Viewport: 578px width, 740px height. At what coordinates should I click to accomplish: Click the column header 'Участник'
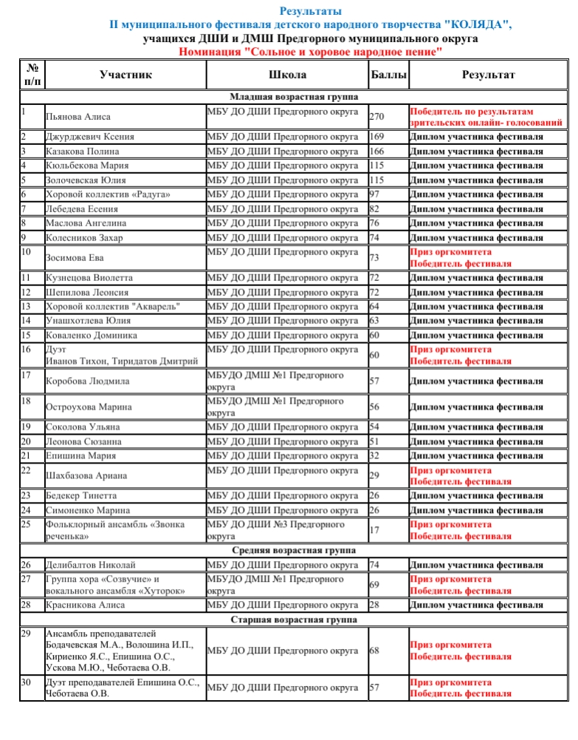(x=125, y=75)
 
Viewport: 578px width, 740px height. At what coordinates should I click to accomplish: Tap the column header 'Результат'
(x=488, y=75)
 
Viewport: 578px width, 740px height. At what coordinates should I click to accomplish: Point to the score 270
(x=376, y=117)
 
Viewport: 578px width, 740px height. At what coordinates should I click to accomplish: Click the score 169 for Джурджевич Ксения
(x=376, y=137)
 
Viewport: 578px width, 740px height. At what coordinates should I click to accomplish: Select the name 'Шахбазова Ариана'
(x=86, y=476)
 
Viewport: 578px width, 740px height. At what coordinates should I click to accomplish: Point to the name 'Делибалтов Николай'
(x=91, y=566)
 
